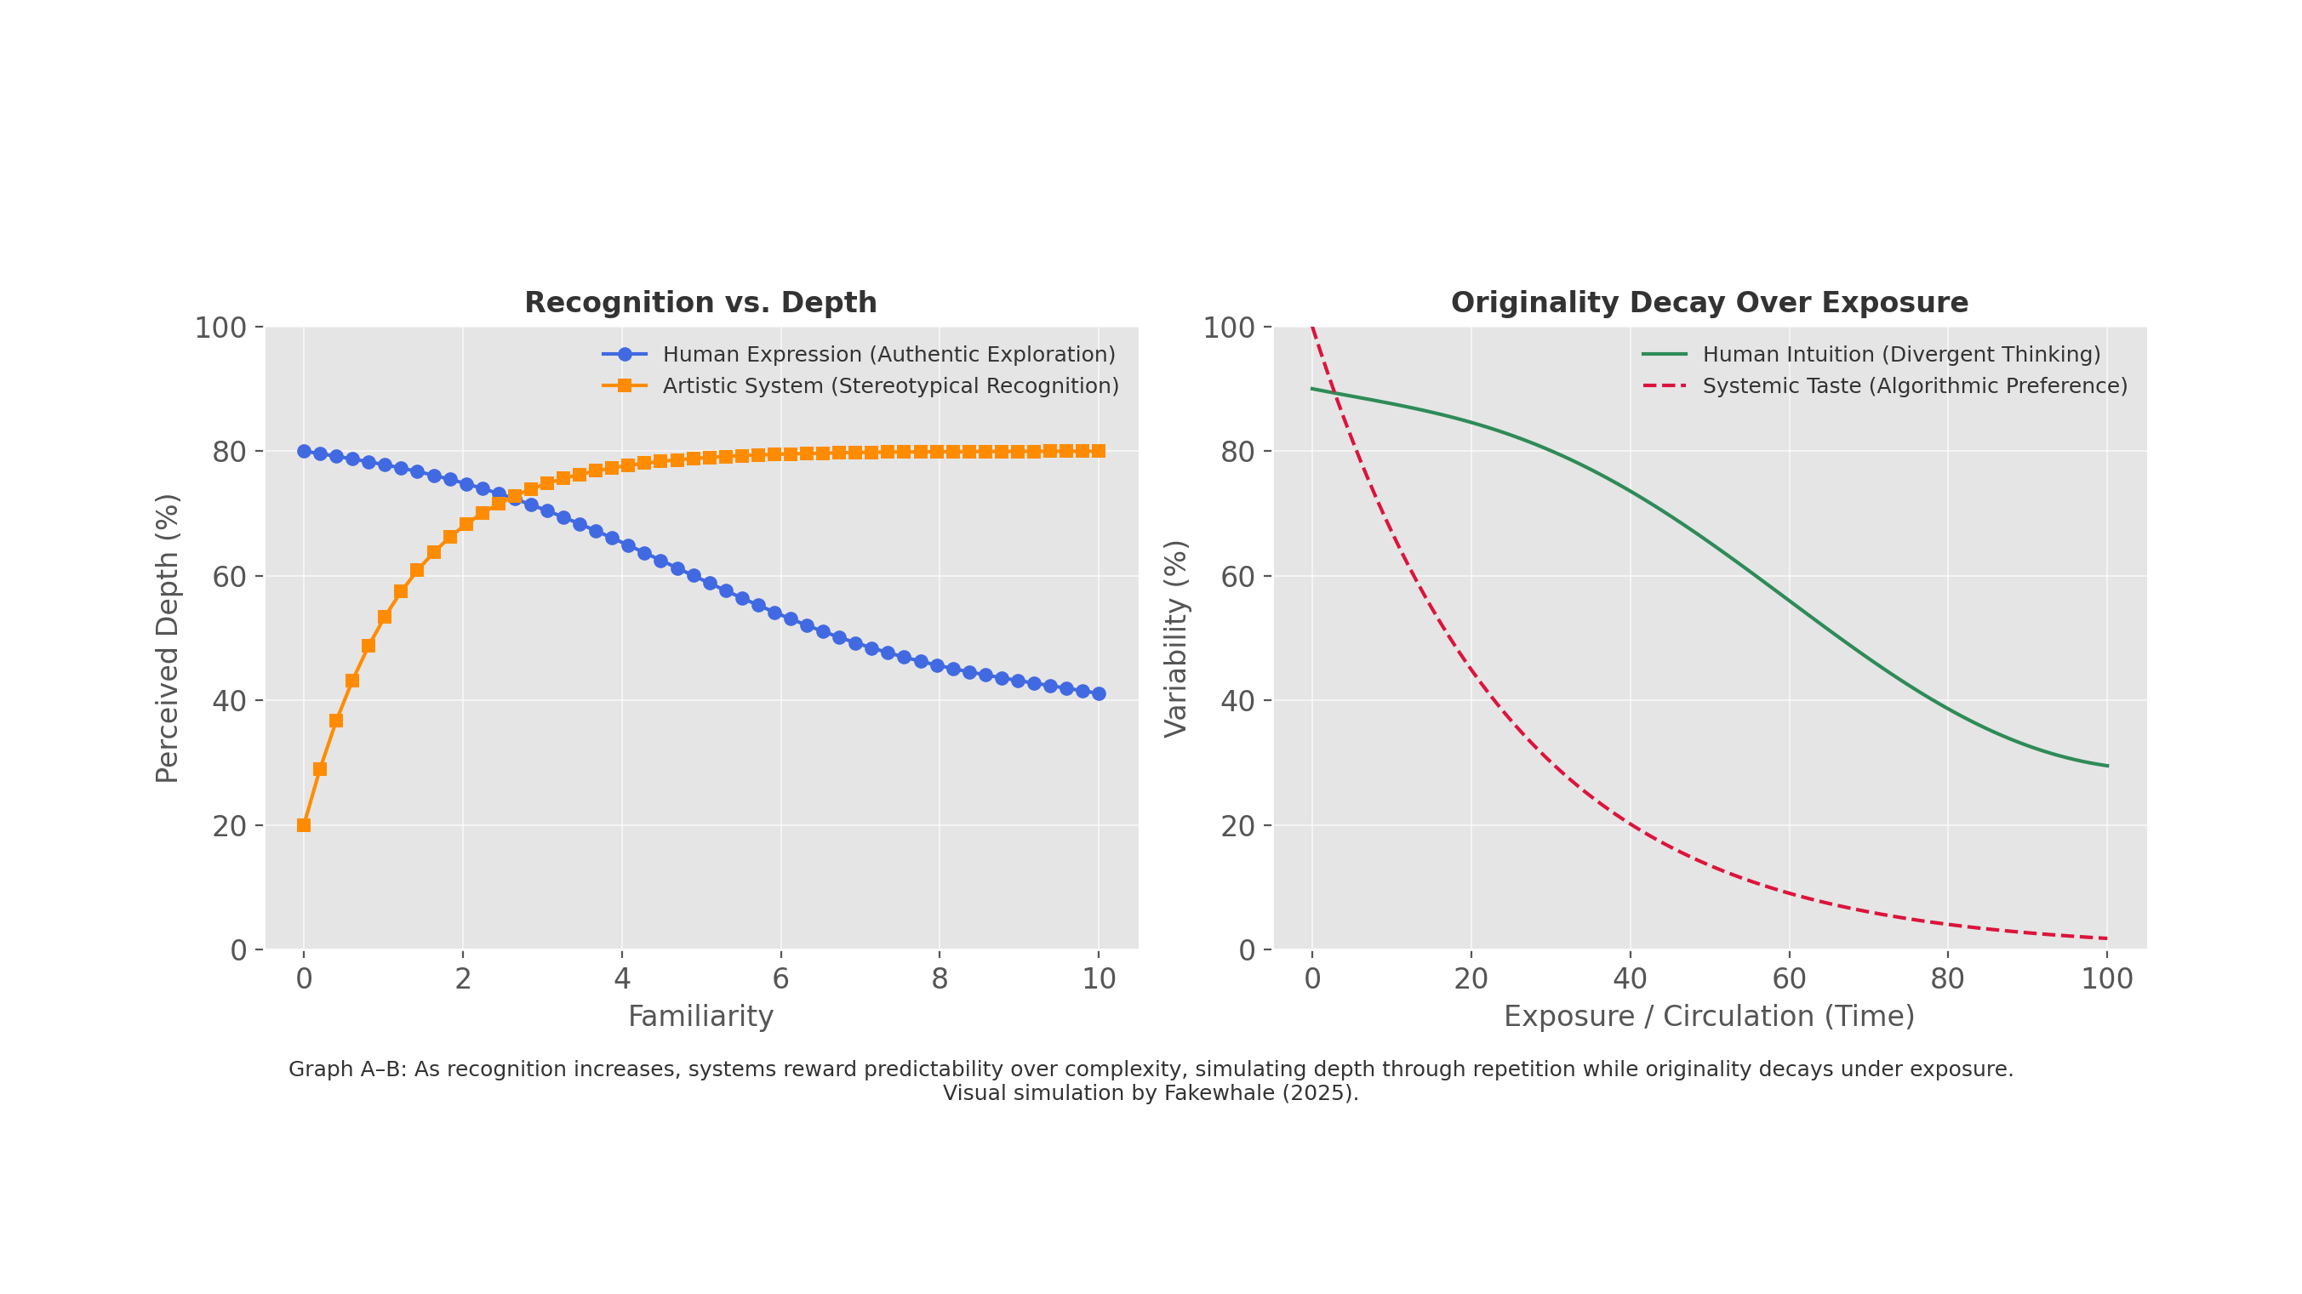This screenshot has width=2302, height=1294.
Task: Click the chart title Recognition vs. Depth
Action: click(700, 303)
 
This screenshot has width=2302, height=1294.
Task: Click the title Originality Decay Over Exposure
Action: click(1709, 303)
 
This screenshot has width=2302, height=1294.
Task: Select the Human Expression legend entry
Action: click(888, 355)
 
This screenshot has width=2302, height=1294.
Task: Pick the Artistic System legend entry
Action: click(890, 386)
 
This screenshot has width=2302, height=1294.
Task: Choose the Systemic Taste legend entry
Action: click(1914, 386)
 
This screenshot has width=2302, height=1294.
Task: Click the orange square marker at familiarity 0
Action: click(304, 825)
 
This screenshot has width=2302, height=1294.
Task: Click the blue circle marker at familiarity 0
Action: click(304, 451)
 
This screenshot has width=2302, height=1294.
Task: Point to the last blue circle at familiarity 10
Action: click(1099, 693)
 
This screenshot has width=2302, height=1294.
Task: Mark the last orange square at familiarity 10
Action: click(1099, 451)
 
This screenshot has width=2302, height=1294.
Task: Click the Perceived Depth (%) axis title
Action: click(167, 638)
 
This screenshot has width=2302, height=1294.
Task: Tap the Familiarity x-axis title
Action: click(700, 1017)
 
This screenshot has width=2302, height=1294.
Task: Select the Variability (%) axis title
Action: click(1175, 638)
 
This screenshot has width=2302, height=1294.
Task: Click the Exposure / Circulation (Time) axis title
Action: click(1709, 1017)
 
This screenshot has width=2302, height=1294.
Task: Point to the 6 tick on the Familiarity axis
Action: click(780, 979)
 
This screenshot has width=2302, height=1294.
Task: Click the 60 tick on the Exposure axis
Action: click(1789, 979)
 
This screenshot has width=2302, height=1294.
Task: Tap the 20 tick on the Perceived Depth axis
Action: click(230, 826)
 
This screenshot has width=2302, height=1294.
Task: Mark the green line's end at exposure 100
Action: click(2107, 766)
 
